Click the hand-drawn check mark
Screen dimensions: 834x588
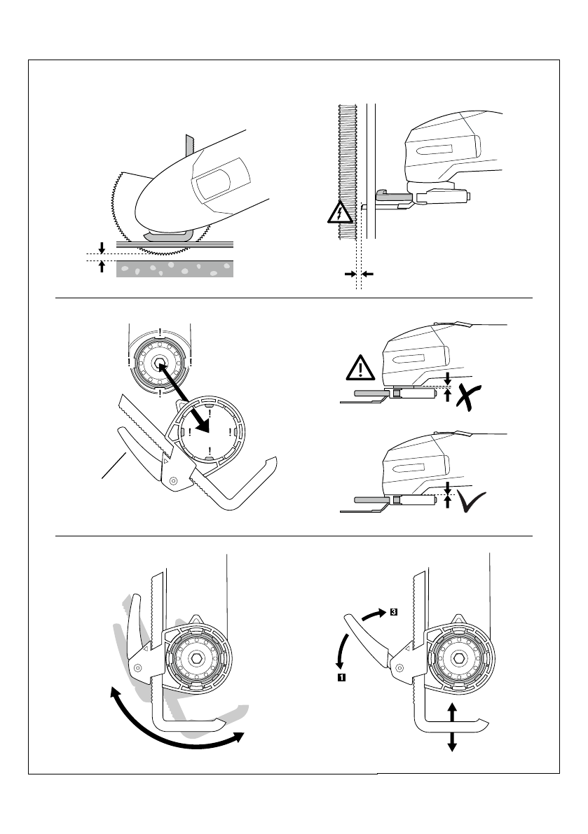coord(472,503)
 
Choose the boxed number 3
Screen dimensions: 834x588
coord(394,611)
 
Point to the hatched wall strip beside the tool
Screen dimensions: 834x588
coord(348,172)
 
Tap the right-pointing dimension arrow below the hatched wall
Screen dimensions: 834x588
coord(350,274)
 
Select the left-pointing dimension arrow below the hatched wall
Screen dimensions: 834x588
coord(367,274)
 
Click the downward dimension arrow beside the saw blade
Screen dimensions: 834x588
coord(102,247)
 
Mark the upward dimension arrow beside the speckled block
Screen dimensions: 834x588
coord(102,266)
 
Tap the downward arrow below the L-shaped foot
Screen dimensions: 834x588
coord(453,742)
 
